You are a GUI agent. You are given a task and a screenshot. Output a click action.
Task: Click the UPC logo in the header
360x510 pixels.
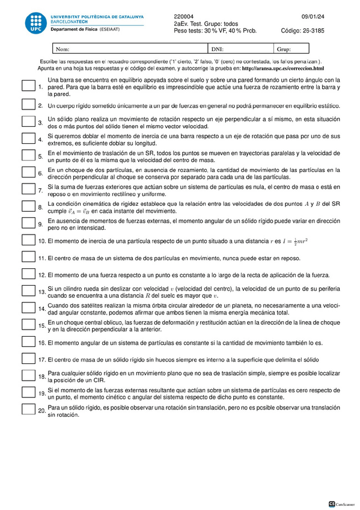pyautogui.click(x=35, y=23)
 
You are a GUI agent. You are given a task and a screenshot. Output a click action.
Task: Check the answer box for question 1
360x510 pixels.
pyautogui.click(x=28, y=87)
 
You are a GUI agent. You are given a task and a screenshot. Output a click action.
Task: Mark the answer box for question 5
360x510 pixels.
pyautogui.click(x=28, y=156)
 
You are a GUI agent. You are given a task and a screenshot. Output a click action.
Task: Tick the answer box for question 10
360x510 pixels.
pyautogui.click(x=28, y=241)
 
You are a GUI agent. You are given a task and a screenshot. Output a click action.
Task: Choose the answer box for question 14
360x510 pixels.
pyautogui.click(x=28, y=309)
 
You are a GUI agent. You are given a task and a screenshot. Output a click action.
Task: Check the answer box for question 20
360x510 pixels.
pyautogui.click(x=28, y=410)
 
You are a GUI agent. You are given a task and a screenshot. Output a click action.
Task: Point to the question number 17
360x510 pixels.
pyautogui.click(x=41, y=360)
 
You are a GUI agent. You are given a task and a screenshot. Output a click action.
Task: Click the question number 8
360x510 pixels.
pyautogui.click(x=40, y=207)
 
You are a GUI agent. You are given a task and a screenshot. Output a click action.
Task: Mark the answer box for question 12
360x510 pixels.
pyautogui.click(x=28, y=275)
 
